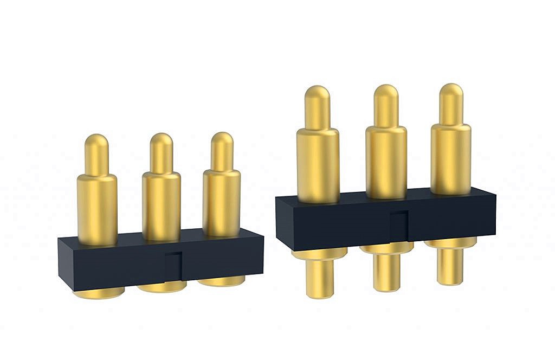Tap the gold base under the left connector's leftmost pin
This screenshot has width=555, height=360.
pos(99,294)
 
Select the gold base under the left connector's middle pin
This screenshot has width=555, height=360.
pos(162,287)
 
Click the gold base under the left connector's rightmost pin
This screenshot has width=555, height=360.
pos(222,282)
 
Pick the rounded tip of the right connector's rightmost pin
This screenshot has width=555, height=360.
pos(451,93)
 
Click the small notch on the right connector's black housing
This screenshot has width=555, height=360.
pos(398,225)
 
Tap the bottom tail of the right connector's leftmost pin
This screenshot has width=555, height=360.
pos(320,278)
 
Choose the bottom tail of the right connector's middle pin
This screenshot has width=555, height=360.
pos(386,272)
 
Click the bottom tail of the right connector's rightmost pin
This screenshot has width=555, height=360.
pos(450,266)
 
